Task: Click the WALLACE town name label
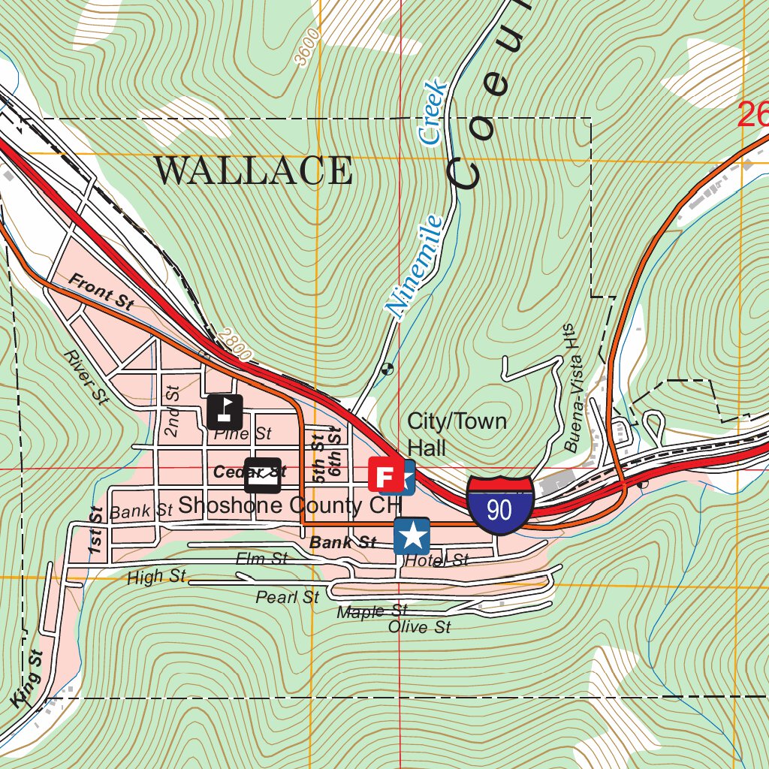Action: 253,171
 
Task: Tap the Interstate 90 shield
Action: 499,505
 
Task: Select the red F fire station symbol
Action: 384,475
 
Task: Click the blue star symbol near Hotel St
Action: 412,536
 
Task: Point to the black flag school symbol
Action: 225,411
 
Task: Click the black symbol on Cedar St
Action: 263,474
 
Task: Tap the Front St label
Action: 101,291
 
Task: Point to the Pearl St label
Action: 287,598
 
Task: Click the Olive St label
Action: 419,626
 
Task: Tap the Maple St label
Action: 372,612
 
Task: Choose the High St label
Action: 156,578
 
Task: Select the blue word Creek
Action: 433,113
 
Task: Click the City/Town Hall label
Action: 456,434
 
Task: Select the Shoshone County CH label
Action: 290,505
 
